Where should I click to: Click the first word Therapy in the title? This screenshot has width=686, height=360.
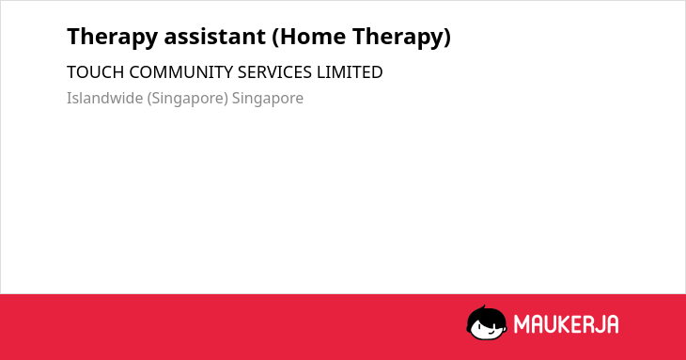coord(113,37)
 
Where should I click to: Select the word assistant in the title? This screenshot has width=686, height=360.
coord(215,36)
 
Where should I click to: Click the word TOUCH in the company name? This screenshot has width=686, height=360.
coord(95,72)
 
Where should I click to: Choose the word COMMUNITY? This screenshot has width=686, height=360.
coord(181,72)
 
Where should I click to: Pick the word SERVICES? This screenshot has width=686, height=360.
coord(274,72)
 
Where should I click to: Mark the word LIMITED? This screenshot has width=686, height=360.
coord(350,72)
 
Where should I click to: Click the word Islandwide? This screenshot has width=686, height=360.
coord(105,98)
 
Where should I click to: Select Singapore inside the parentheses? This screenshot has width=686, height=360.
coord(188,99)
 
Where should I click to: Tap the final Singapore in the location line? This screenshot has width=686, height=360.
coord(268,99)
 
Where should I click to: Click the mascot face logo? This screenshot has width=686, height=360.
coord(487,322)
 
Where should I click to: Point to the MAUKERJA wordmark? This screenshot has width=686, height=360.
coord(566,324)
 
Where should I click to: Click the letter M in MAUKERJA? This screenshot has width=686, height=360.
coord(521,324)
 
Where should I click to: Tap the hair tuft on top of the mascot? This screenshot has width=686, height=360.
coord(483,308)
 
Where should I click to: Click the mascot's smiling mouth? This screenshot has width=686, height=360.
coord(491,332)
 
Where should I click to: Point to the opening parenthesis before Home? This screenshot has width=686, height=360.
coord(275,37)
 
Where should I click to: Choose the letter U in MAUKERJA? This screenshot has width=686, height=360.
coord(549,324)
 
